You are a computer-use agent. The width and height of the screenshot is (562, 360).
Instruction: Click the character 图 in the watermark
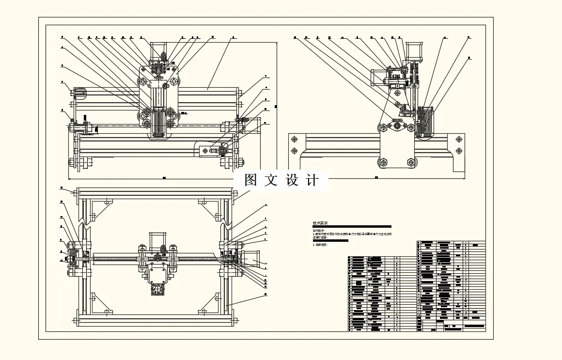(250, 180)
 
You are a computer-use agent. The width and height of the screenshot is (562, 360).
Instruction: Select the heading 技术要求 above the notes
(320, 223)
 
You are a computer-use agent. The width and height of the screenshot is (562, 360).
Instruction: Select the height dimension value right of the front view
(275, 107)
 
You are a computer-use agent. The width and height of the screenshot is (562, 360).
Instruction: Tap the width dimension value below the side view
(376, 178)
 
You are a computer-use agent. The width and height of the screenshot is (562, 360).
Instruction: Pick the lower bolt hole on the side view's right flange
(459, 151)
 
